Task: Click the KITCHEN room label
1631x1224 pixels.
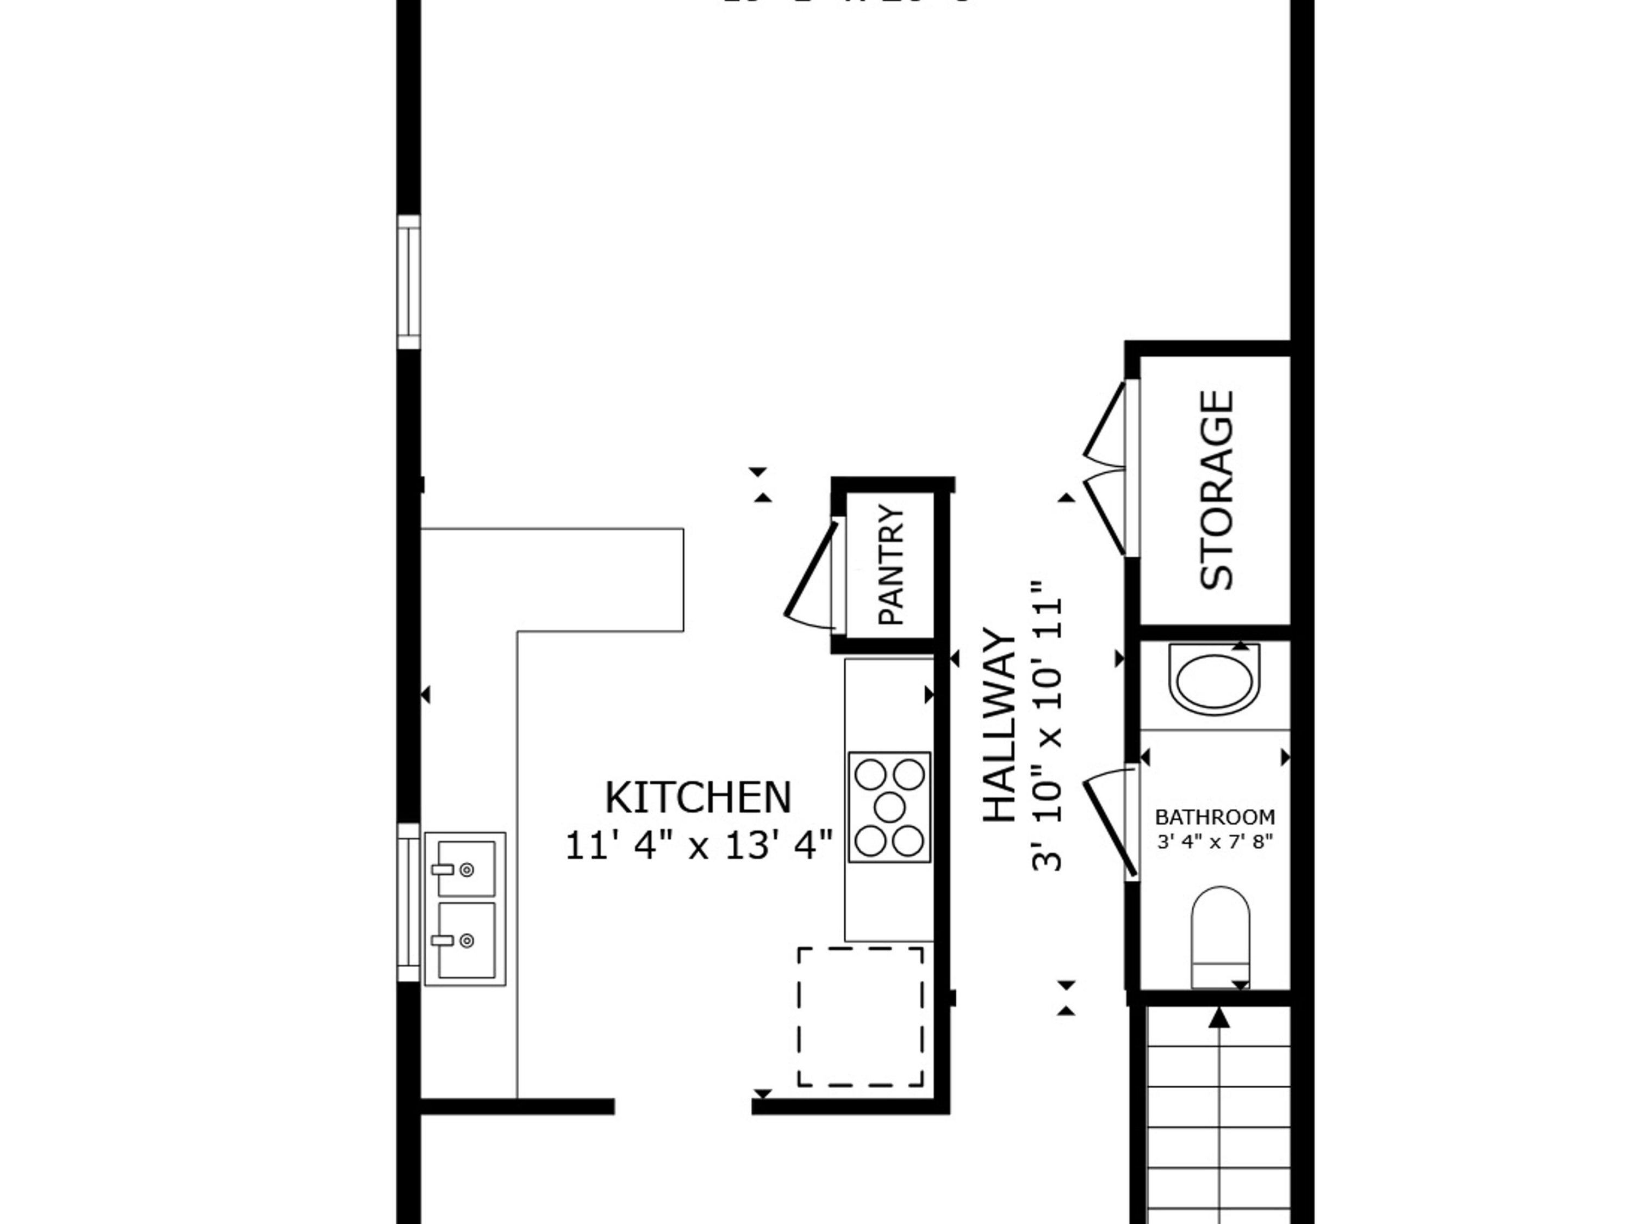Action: [x=698, y=798]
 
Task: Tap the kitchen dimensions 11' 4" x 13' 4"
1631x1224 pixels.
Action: [x=698, y=845]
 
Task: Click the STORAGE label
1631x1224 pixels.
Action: [x=1217, y=490]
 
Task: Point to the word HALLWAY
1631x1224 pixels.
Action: [x=1001, y=725]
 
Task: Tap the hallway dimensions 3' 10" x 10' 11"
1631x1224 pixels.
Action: [x=1048, y=725]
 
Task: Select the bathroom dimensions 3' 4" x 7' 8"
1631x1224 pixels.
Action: [x=1215, y=841]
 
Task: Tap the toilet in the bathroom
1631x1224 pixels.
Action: [x=1221, y=936]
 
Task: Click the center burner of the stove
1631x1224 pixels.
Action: [x=889, y=807]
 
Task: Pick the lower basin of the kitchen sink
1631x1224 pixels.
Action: [x=466, y=940]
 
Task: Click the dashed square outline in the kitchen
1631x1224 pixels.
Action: [x=860, y=1017]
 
